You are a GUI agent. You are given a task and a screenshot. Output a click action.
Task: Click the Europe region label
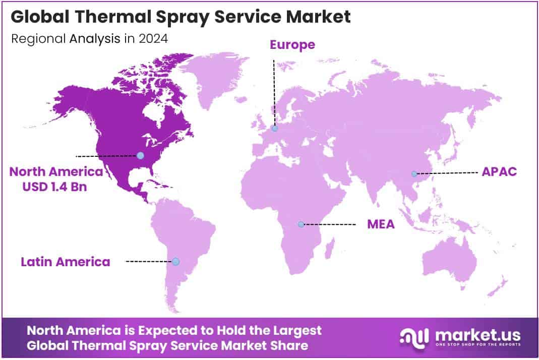pos(292,44)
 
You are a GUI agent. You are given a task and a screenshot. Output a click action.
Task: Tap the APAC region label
pos(499,171)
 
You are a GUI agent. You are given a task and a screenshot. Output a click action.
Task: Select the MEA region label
pos(381,224)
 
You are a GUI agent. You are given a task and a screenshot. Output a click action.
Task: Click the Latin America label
pos(65,262)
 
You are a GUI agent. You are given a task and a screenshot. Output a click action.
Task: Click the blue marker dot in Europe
pos(274,129)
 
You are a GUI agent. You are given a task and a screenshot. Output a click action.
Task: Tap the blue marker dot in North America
pos(140,155)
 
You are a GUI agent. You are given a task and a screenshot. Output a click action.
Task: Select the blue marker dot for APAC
pos(414,173)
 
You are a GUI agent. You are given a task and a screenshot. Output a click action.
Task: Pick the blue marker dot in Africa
pos(301,224)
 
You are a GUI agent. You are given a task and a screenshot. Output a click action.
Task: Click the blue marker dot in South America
pos(175,261)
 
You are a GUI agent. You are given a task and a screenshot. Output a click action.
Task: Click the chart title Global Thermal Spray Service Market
pos(180,17)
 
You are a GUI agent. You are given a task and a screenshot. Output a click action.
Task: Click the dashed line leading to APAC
pos(446,173)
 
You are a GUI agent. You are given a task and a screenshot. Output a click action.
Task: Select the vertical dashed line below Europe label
pos(274,91)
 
